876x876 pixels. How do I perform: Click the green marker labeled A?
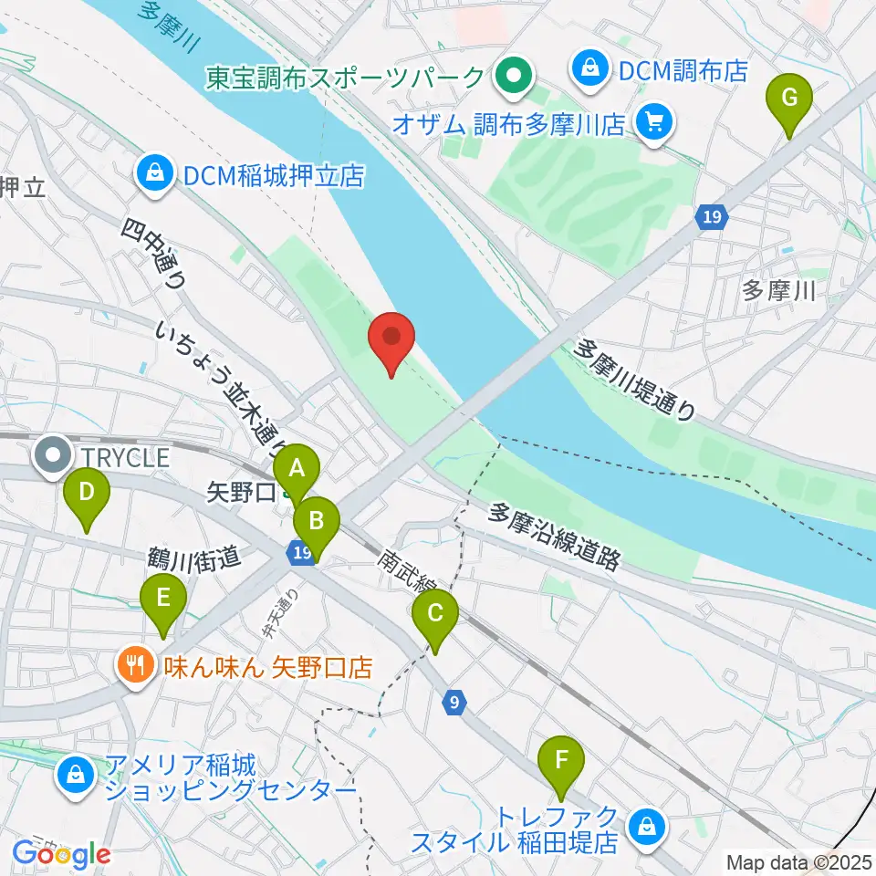297,469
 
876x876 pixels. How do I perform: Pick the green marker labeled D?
87,493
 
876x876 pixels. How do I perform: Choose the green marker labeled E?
163,598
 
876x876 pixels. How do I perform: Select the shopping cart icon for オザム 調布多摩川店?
653,120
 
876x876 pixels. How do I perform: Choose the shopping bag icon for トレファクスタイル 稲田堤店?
647,828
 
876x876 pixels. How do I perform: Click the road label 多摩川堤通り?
635,378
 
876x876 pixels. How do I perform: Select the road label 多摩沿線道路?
555,537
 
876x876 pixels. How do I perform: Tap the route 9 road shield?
454,702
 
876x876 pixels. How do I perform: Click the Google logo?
61,855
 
